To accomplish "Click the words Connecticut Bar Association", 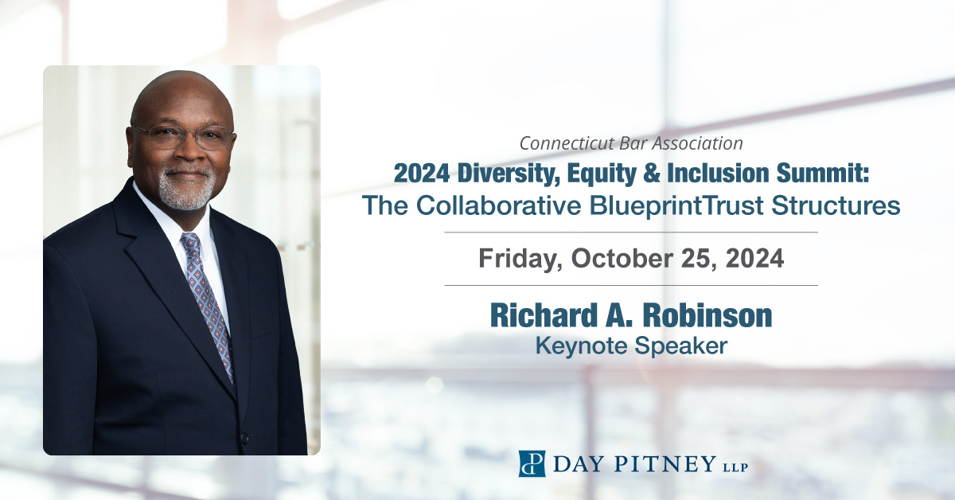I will click(x=630, y=143).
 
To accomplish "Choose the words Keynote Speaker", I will click(x=630, y=346).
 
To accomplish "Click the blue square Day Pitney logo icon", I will click(x=531, y=463).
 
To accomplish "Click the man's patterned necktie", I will click(x=206, y=303).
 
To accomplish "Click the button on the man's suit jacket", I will click(x=244, y=437).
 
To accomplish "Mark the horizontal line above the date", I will click(x=630, y=232).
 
